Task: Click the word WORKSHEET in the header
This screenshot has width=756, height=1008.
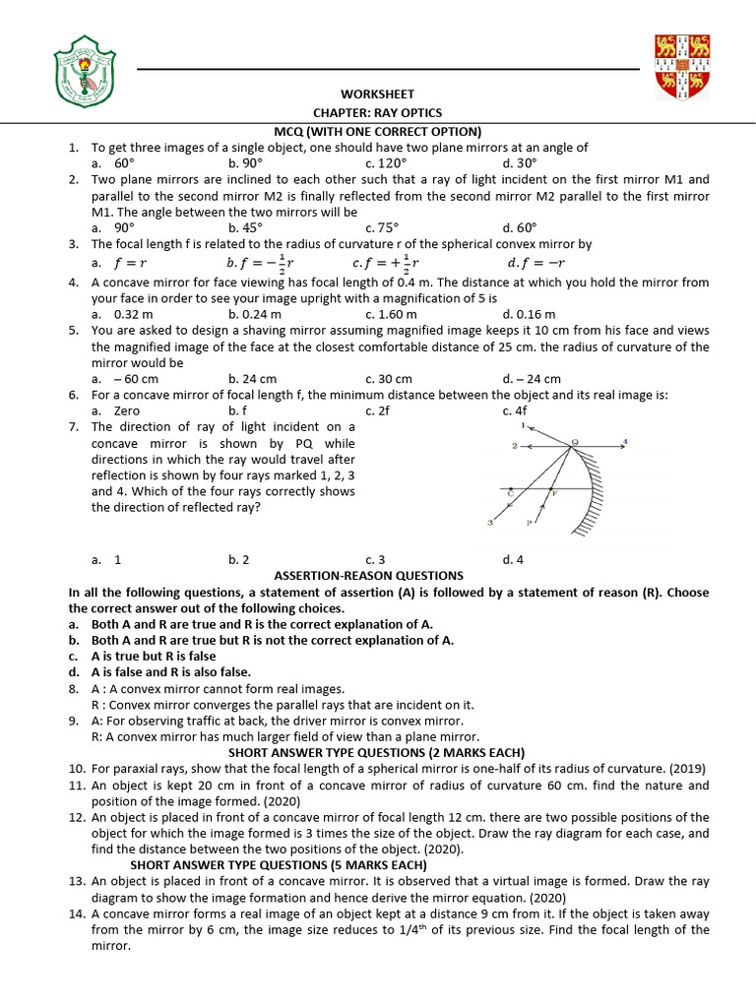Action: pos(377,94)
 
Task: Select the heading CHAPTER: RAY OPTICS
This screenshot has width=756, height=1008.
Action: pos(377,113)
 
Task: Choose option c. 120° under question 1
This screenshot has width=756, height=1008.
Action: pos(385,163)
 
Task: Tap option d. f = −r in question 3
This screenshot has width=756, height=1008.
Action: pos(533,263)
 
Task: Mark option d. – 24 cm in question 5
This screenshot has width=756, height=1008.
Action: pos(531,378)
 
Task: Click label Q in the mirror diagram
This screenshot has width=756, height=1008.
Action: pos(575,442)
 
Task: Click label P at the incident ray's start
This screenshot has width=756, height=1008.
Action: pos(529,523)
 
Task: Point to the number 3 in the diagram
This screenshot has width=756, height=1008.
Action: pos(489,523)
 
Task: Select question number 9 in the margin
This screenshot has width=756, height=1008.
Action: pos(74,721)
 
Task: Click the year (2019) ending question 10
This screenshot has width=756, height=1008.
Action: pos(688,768)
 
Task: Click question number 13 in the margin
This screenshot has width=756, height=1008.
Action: pos(76,880)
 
